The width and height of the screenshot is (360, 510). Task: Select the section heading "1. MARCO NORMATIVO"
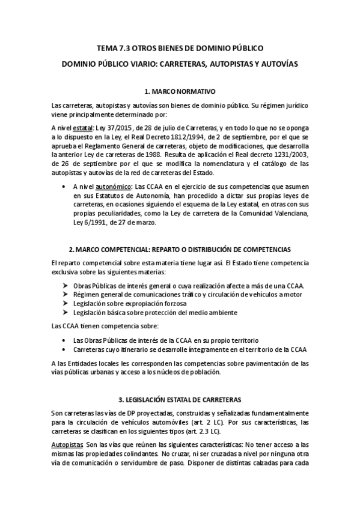pos(180,91)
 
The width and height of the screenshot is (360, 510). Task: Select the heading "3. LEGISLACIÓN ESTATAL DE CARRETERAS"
pos(180,399)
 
